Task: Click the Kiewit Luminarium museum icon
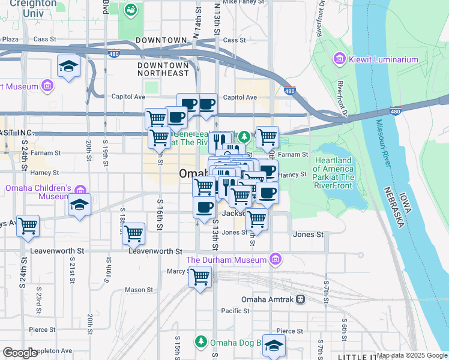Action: coord(339,59)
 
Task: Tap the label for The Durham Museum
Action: coord(226,260)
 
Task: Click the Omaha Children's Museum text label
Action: coord(38,193)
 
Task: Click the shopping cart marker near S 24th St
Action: coord(28,226)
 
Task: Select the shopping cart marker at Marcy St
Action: coord(200,277)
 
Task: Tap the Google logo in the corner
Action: coord(20,353)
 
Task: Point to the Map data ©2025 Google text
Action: coord(412,355)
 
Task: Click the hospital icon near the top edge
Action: coord(130,10)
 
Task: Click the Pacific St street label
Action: coord(235,311)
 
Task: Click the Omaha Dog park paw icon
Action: coord(200,341)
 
